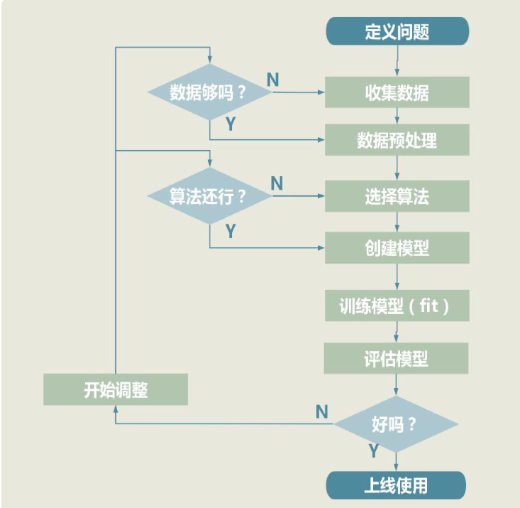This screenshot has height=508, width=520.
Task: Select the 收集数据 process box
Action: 397,92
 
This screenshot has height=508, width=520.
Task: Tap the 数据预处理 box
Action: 397,140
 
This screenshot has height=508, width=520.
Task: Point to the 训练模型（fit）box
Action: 396,306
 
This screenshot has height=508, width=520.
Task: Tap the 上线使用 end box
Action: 396,486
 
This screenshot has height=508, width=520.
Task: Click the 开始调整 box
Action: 116,390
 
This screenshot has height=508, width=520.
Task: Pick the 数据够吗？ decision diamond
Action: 209,92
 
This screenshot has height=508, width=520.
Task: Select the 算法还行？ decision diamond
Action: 209,197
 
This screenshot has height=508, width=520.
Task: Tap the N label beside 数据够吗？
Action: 272,79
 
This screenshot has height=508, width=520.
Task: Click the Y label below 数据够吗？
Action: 231,124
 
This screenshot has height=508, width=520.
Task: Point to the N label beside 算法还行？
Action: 277,183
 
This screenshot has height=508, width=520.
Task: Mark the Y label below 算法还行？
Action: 231,230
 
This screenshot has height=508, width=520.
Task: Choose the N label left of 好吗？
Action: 321,411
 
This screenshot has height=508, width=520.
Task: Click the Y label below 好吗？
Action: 373,450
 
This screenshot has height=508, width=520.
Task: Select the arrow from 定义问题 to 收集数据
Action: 397,60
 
